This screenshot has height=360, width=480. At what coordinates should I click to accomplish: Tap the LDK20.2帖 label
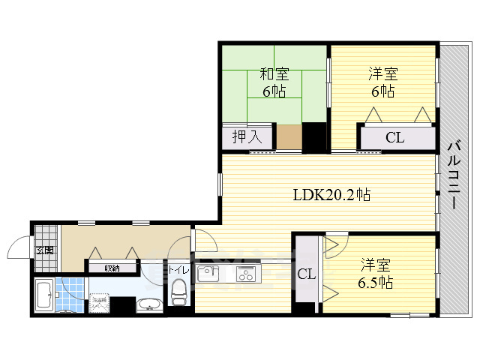pyautogui.click(x=331, y=194)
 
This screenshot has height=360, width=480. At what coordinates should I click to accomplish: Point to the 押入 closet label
pyautogui.click(x=245, y=137)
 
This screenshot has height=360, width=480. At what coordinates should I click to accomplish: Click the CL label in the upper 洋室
pyautogui.click(x=396, y=137)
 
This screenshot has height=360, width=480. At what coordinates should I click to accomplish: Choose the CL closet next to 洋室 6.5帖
pyautogui.click(x=305, y=274)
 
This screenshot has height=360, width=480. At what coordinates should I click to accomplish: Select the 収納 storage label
pyautogui.click(x=112, y=267)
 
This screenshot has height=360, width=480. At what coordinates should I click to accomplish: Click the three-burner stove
pyautogui.click(x=245, y=274)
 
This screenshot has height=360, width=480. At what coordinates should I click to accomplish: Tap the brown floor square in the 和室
pyautogui.click(x=289, y=137)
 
